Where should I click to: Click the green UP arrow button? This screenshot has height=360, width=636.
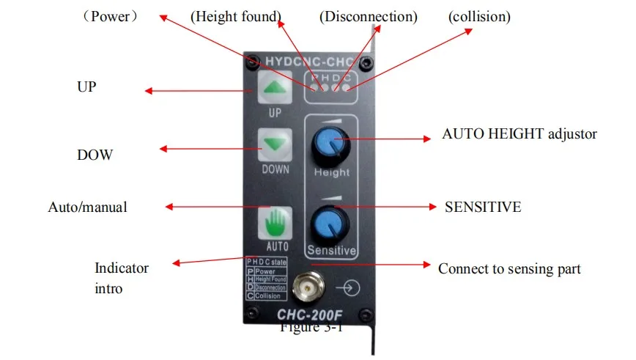click(x=274, y=88)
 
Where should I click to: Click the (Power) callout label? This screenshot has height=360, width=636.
click(x=109, y=16)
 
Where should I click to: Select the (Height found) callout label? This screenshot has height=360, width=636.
click(x=235, y=16)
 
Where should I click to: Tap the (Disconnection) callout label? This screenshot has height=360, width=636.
click(x=369, y=16)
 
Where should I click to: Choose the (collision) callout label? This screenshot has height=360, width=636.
click(x=479, y=16)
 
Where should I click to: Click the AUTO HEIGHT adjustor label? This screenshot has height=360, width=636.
click(x=519, y=134)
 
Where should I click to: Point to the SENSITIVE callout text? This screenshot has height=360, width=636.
click(x=483, y=207)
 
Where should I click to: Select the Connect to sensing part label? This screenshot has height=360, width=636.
click(x=509, y=269)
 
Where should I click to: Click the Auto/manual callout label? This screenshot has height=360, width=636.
click(x=87, y=207)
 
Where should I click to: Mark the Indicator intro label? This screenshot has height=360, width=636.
click(x=122, y=278)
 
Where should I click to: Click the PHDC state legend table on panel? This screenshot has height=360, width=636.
click(x=266, y=279)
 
